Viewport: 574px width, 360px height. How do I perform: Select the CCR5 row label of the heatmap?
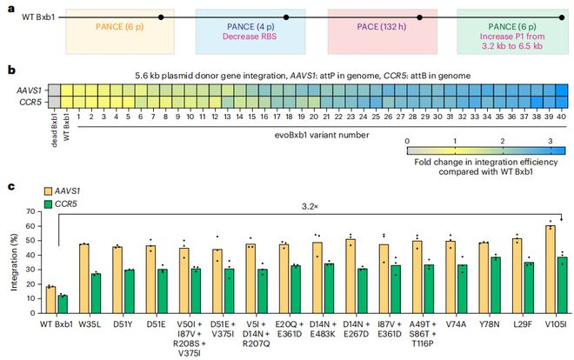(31, 102)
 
